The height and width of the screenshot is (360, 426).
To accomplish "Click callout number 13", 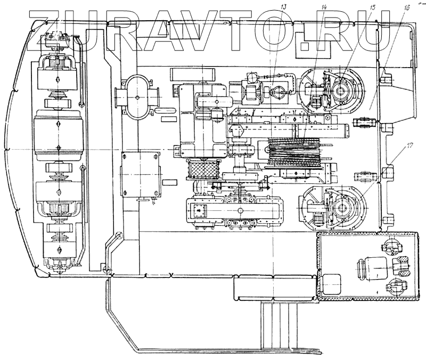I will [283, 7].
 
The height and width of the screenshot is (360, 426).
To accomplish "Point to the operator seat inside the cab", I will [372, 266].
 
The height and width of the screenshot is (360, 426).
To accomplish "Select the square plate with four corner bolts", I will [141, 174].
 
